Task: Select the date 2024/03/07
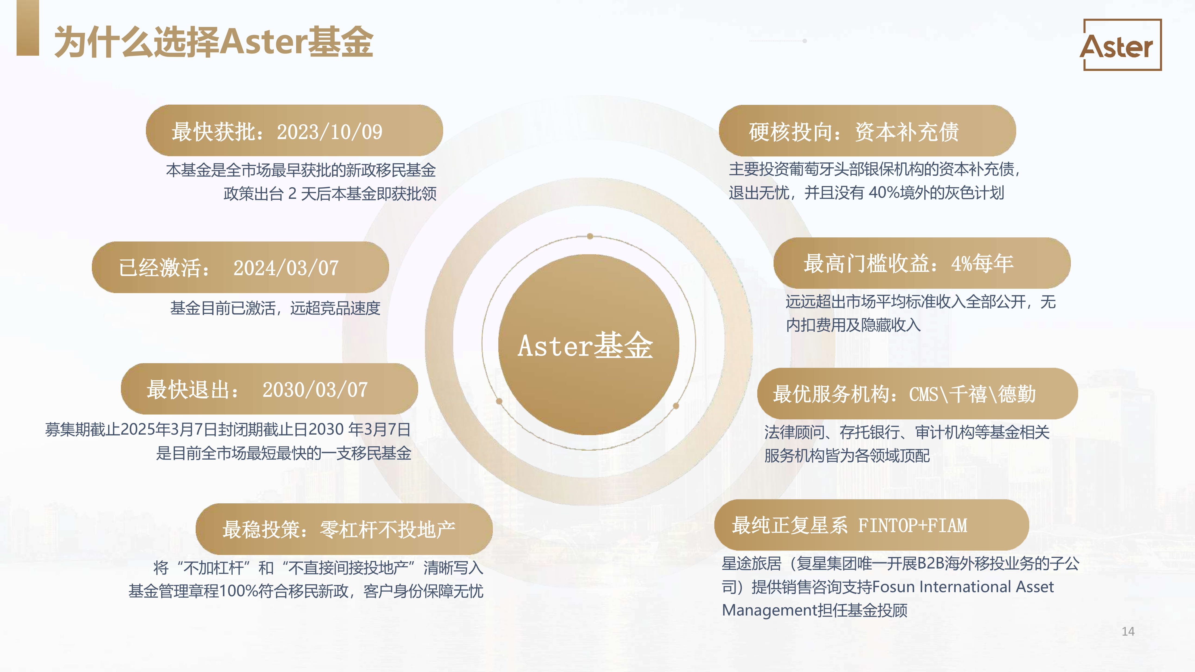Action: (286, 268)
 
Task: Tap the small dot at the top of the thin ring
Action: (590, 236)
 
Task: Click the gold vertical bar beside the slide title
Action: (28, 28)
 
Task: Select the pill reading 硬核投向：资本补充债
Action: (867, 131)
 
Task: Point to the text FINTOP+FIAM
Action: (912, 525)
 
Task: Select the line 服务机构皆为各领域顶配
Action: (847, 456)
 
